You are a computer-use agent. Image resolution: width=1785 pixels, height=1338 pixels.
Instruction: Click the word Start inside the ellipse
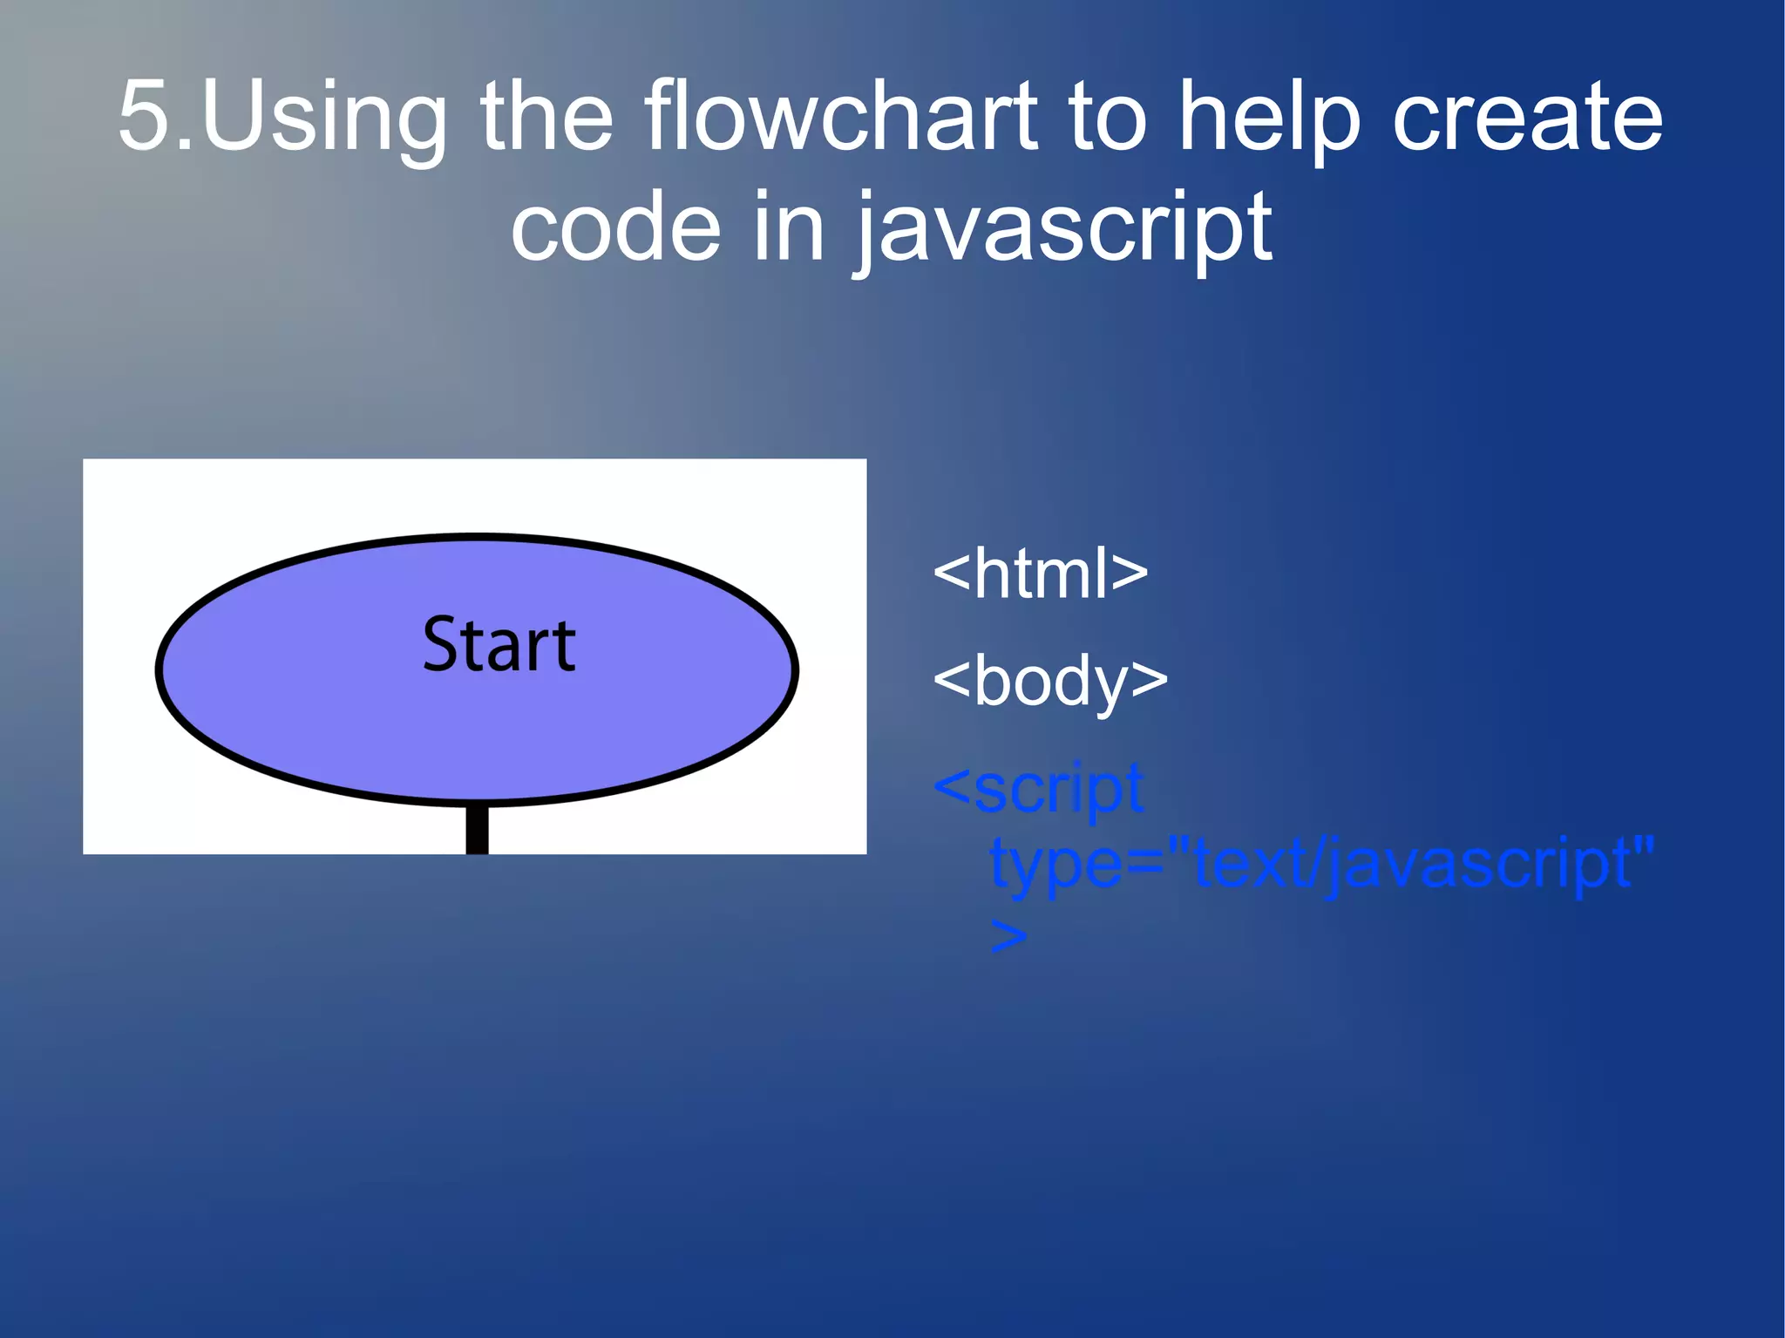tap(499, 645)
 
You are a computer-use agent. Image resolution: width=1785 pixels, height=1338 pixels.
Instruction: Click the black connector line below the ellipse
tap(477, 829)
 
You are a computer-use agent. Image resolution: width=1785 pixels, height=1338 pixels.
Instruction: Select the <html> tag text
tap(1040, 574)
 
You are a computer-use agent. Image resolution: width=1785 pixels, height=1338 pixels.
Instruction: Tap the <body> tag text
tap(1049, 681)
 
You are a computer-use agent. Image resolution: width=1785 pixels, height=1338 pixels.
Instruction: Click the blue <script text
tap(1038, 789)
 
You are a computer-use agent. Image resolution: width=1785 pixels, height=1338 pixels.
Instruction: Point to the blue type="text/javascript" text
tap(1321, 863)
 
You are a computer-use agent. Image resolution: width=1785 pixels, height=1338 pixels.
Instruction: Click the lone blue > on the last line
tap(1008, 938)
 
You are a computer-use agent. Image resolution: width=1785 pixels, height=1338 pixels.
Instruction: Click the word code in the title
tap(615, 228)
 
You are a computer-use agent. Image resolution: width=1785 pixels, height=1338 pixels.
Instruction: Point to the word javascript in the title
tap(1063, 228)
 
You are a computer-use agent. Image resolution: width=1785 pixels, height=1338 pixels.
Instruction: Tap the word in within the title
tap(788, 228)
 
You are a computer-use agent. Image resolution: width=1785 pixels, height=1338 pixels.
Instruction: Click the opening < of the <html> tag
tap(951, 575)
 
